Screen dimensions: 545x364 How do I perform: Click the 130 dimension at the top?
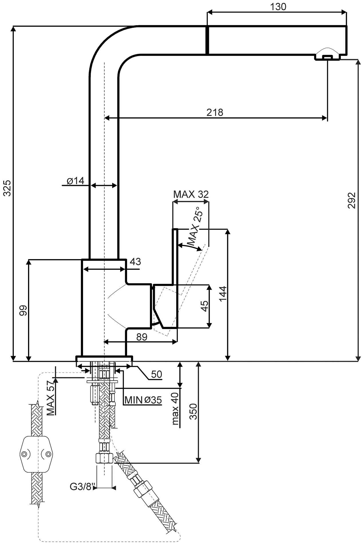[278, 7]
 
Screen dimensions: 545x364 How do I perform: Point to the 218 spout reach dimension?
[215, 112]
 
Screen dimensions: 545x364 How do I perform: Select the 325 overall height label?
[7, 188]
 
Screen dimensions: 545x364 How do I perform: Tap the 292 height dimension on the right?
[352, 200]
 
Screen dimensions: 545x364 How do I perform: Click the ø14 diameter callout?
[76, 181]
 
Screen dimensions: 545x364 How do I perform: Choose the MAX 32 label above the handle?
[191, 195]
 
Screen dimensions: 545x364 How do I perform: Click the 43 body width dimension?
[135, 262]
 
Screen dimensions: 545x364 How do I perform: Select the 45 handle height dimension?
[204, 306]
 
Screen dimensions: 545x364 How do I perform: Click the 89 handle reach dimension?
[142, 337]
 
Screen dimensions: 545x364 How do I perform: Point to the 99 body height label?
[23, 310]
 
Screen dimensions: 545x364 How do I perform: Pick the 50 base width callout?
[157, 374]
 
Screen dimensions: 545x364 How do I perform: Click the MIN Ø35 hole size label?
[143, 400]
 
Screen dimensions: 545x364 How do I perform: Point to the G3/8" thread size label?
[82, 486]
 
